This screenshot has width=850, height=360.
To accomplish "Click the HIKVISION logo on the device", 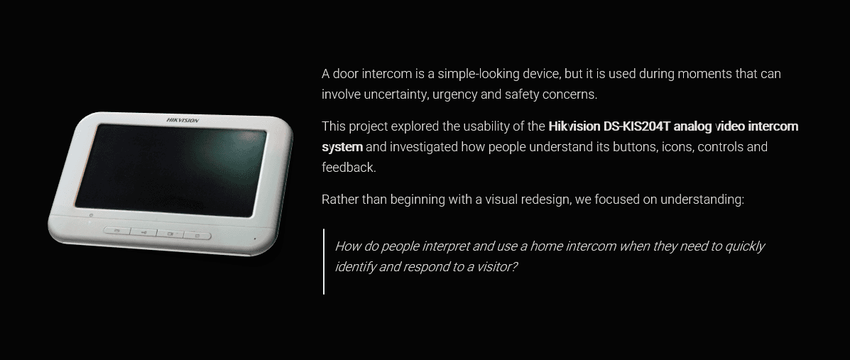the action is (182, 121).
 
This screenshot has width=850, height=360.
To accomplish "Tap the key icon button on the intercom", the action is (143, 233).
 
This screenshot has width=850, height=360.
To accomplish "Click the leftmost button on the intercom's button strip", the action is (117, 231).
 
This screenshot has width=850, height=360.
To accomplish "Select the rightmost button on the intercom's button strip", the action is (197, 235).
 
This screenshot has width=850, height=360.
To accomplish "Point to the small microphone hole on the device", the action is (255, 239).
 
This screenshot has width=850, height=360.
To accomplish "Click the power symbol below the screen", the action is (90, 215).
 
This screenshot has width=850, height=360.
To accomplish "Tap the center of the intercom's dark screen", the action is (170, 170).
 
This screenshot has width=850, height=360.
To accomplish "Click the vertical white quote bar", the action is (325, 262).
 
